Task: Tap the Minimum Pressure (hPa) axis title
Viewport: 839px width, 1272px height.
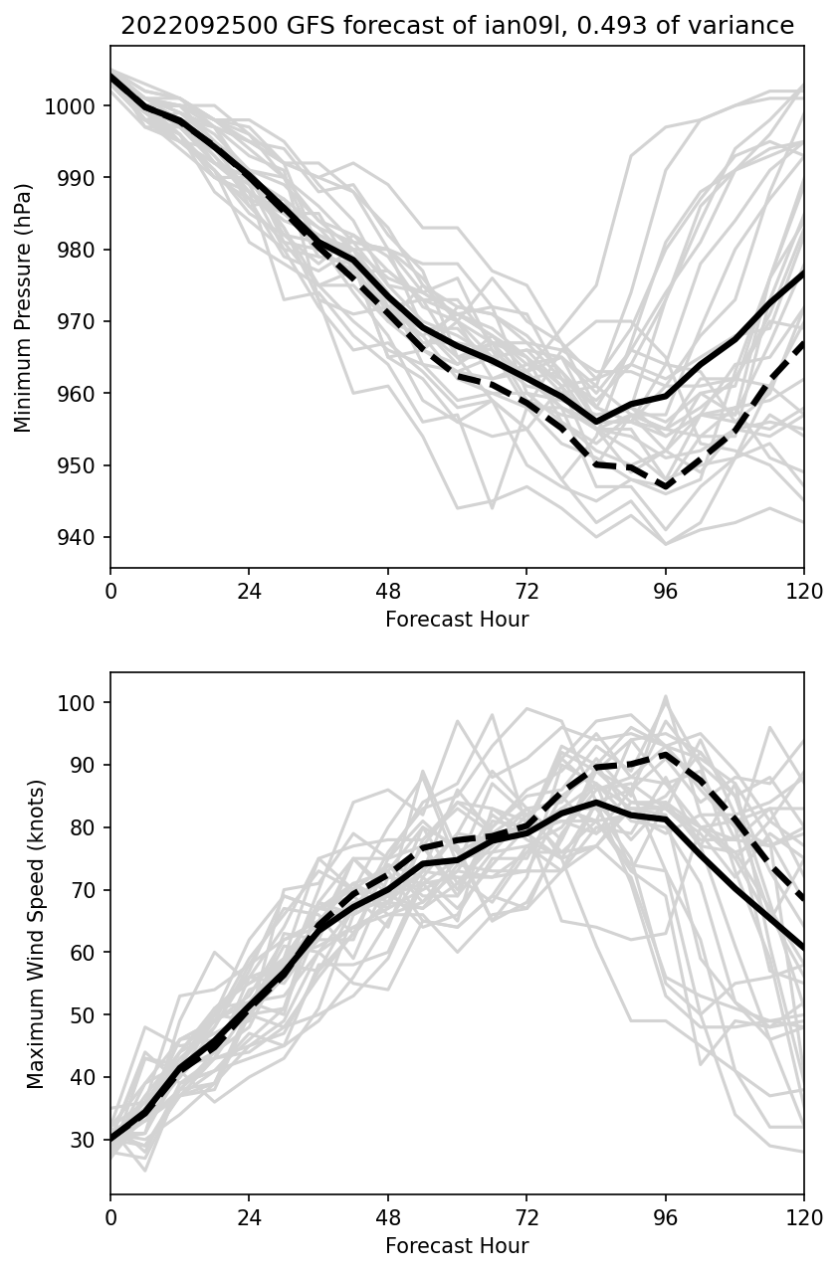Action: coord(24,307)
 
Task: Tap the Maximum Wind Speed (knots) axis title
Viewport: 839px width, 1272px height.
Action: coord(36,934)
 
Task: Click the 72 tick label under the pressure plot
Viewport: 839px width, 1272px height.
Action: coord(526,590)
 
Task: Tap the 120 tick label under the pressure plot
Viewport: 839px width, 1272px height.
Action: coord(803,590)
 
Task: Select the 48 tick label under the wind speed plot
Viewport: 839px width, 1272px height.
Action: coord(388,1216)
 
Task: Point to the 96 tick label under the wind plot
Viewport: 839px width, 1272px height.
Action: coord(665,1216)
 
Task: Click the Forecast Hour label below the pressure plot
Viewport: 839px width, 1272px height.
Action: coord(457,620)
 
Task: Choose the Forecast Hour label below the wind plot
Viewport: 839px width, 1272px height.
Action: coord(457,1246)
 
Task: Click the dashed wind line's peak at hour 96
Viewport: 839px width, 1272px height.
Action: coord(665,754)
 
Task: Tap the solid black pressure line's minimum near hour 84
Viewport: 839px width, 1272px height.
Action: coord(596,422)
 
